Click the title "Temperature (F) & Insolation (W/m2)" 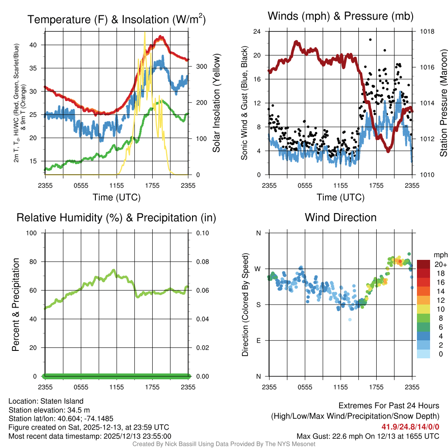116,19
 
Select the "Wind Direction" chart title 340,217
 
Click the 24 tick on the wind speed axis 257,31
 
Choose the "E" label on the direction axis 259,340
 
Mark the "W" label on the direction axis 258,269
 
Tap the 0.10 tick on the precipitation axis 202,233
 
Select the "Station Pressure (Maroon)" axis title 443,103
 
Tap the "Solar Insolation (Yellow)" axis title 216,103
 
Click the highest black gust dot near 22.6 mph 370,39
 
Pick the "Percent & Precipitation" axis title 15,304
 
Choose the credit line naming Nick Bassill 224,444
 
